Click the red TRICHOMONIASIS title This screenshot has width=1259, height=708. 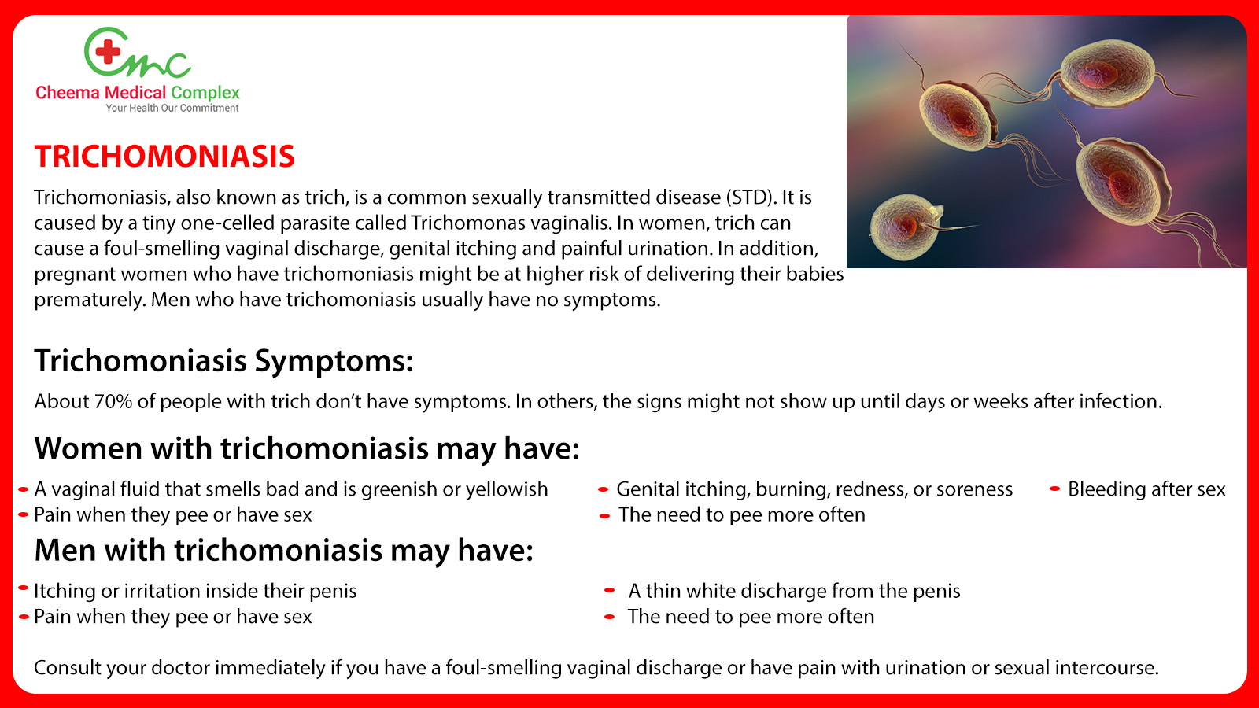coord(164,157)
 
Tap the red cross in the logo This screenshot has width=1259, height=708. coord(108,53)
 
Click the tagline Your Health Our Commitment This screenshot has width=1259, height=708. coord(172,109)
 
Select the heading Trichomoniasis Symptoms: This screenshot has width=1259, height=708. coord(223,361)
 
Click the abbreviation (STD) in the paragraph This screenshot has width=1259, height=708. coord(751,197)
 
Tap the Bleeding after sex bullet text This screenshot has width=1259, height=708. coord(1146,489)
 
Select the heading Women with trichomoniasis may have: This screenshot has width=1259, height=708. coord(307,448)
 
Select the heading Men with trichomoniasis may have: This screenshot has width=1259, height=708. coord(283,551)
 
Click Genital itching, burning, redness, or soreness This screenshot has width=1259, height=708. coord(814,489)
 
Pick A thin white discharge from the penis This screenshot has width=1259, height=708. coord(794,591)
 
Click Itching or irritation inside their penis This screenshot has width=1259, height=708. coord(195,591)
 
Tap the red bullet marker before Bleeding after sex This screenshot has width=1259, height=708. coord(1054,489)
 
